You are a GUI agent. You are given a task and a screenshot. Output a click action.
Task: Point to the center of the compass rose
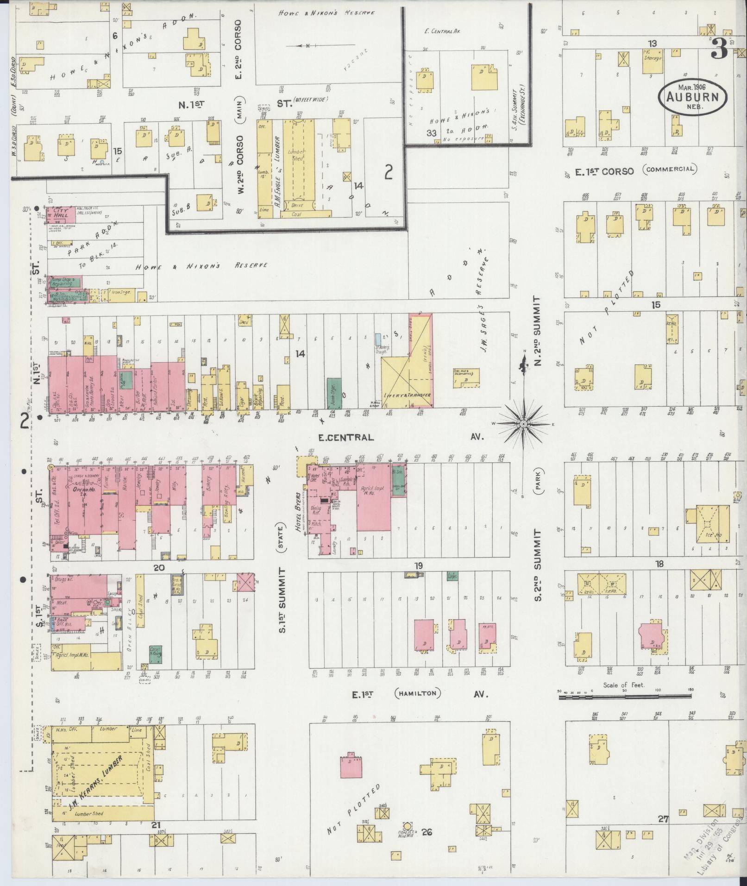[x=523, y=423]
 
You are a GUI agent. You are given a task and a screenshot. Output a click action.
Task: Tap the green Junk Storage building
[x=334, y=392]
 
